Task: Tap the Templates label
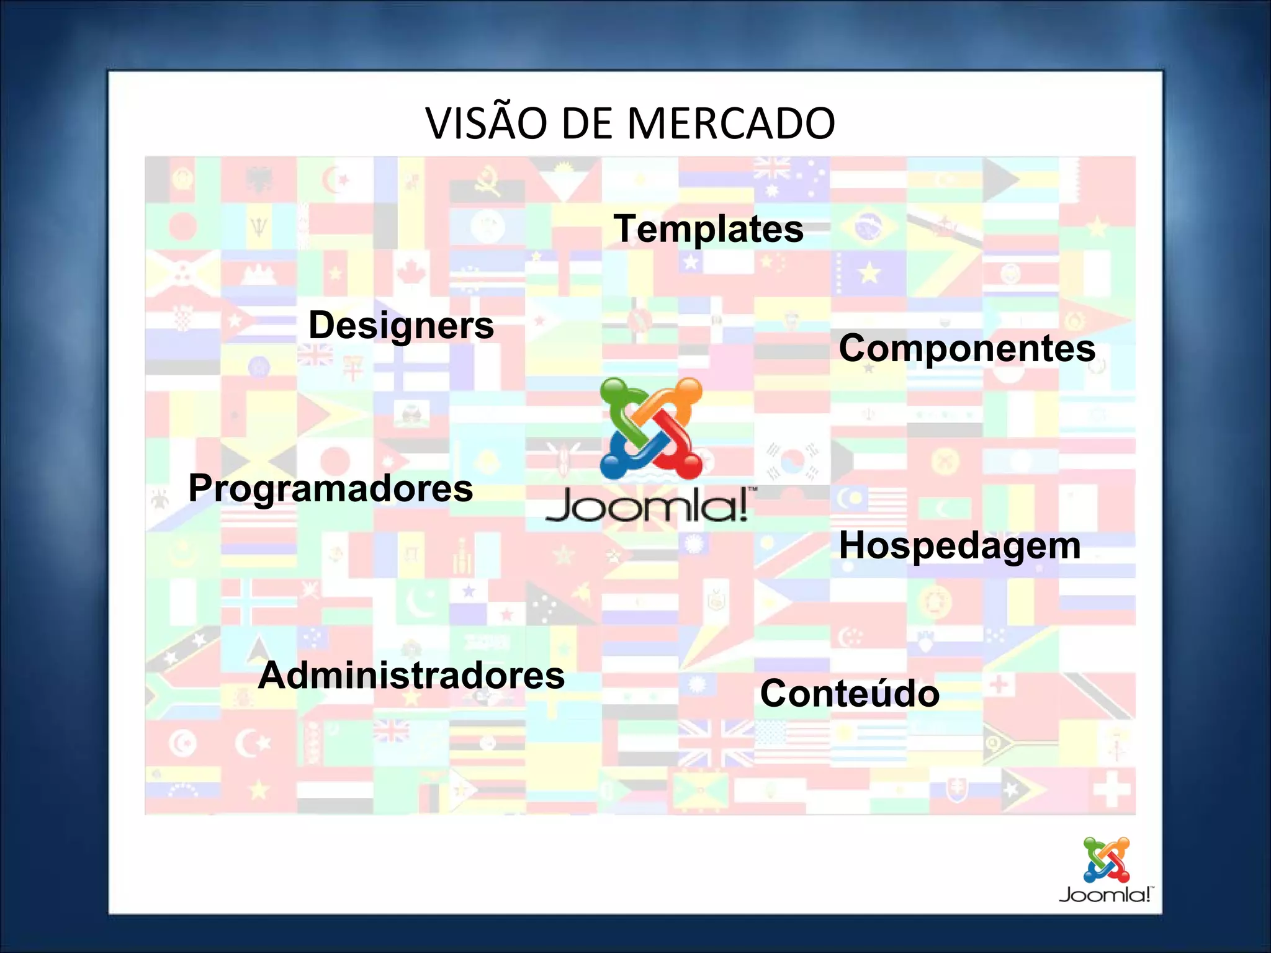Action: [x=708, y=229]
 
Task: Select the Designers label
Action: [x=401, y=325]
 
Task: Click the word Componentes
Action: [x=966, y=348]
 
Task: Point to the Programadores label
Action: [x=330, y=488]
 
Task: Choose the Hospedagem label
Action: [x=959, y=545]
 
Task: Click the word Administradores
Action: [x=411, y=675]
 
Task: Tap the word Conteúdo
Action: [x=849, y=693]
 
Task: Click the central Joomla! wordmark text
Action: [x=647, y=505]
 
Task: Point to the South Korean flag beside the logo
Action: [x=792, y=462]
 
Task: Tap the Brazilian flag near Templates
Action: [x=868, y=226]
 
